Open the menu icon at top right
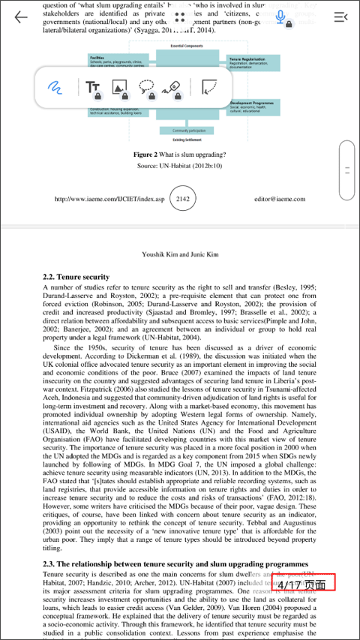[x=340, y=17]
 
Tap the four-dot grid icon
[x=179, y=17]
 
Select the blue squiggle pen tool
[x=55, y=87]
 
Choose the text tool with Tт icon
[x=93, y=87]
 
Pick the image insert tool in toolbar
[x=119, y=88]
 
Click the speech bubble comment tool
[x=147, y=88]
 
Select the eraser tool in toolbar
[x=174, y=88]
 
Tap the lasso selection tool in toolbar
[x=210, y=88]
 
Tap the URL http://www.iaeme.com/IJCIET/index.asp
[x=108, y=200]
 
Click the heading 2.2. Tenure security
[x=76, y=277]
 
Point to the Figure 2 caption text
[x=179, y=154]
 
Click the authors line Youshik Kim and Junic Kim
[x=180, y=254]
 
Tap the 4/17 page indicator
[x=303, y=582]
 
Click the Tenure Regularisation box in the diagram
[x=253, y=62]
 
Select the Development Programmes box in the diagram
[x=253, y=107]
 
